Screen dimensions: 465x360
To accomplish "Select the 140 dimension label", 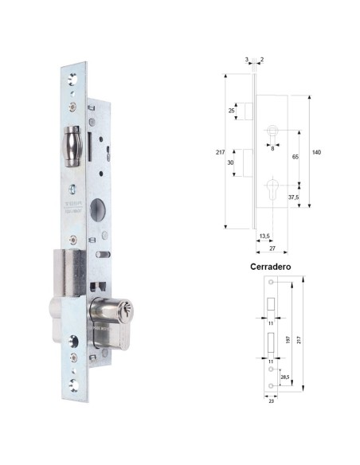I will point(315,150).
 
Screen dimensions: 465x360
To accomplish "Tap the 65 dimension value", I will point(295,158).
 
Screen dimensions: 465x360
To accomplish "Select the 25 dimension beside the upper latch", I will point(231,110).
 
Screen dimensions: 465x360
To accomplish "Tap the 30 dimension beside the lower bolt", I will point(231,162).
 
